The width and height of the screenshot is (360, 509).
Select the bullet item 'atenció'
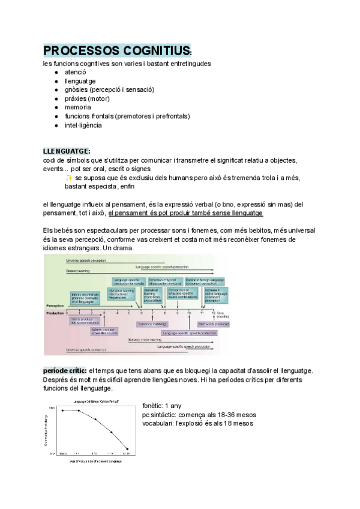(76, 71)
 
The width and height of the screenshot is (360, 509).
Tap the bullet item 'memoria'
(78, 107)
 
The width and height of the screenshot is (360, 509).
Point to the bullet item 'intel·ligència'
(83, 125)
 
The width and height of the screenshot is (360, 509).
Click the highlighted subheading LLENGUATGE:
(67, 151)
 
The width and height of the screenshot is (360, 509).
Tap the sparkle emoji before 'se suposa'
(70, 178)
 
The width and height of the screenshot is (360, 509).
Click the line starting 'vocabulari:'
(197, 423)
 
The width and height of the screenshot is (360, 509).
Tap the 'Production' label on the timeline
(55, 313)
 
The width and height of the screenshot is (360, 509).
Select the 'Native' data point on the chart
(62, 411)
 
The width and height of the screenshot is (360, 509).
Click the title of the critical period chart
(95, 400)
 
